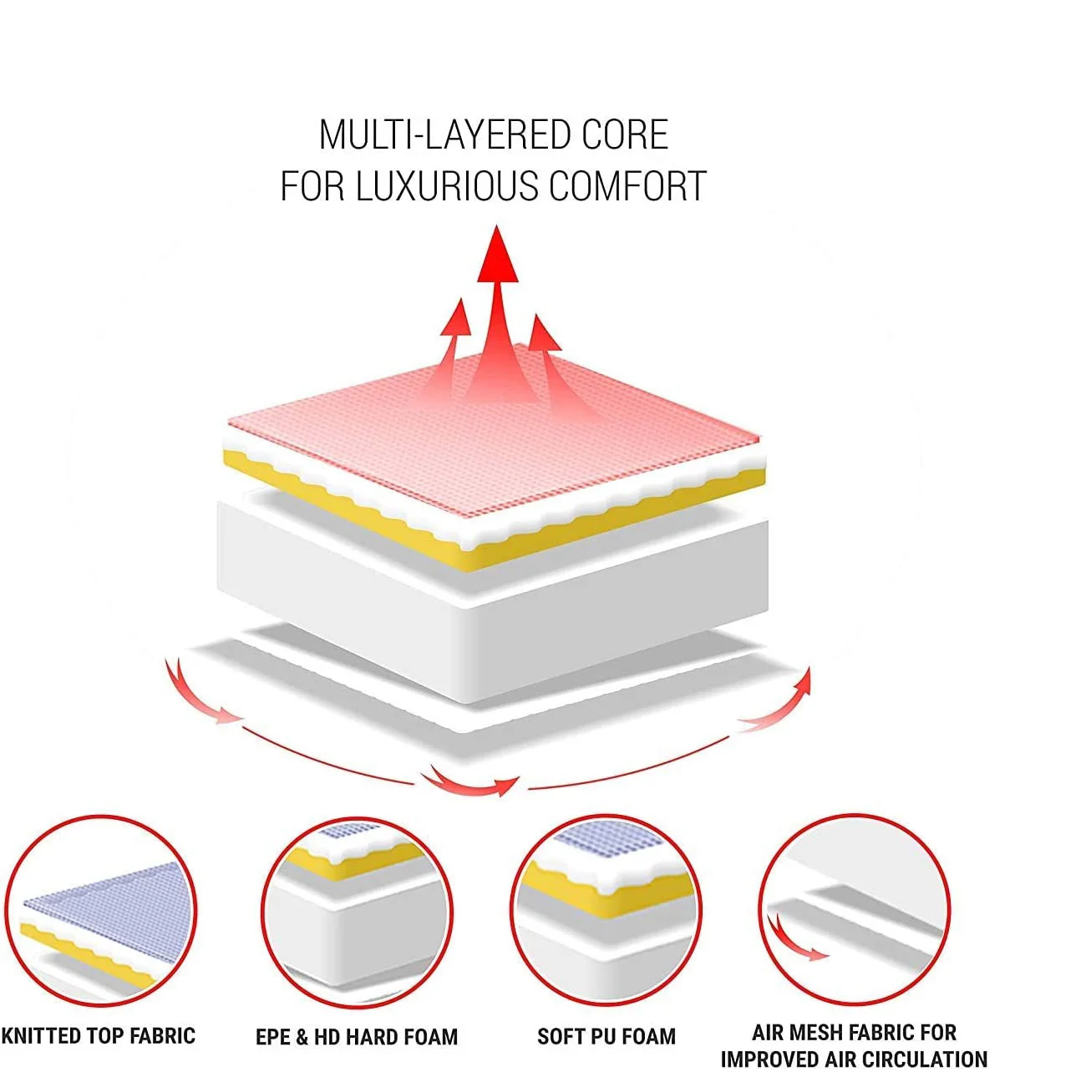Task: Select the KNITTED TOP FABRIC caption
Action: [x=98, y=1036]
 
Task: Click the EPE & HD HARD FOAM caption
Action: [x=357, y=1037]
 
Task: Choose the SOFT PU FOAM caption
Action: [x=606, y=1037]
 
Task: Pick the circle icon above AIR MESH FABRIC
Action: [x=855, y=910]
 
